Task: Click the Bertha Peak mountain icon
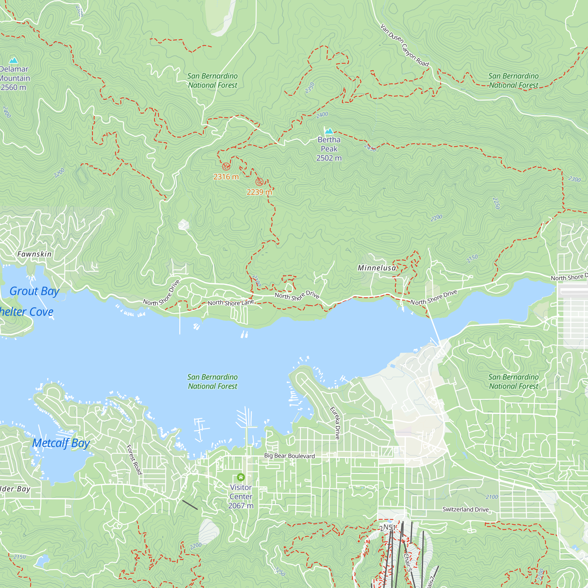(x=329, y=131)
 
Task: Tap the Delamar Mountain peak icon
(x=14, y=60)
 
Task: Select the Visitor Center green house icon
(x=241, y=477)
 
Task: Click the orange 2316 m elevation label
(x=226, y=177)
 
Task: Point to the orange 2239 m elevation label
(x=259, y=192)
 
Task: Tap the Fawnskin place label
(x=34, y=254)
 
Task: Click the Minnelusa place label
(x=377, y=268)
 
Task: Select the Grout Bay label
(x=34, y=291)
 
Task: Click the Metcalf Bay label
(x=61, y=443)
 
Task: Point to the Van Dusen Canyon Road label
(x=405, y=46)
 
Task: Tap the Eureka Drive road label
(x=335, y=423)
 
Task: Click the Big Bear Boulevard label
(x=289, y=456)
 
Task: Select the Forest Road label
(x=134, y=460)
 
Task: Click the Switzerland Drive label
(x=465, y=509)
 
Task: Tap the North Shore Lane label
(x=231, y=303)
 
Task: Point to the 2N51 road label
(x=387, y=527)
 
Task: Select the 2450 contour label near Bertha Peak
(x=370, y=148)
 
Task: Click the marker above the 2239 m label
(x=259, y=182)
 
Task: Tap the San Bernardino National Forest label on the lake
(x=213, y=381)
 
